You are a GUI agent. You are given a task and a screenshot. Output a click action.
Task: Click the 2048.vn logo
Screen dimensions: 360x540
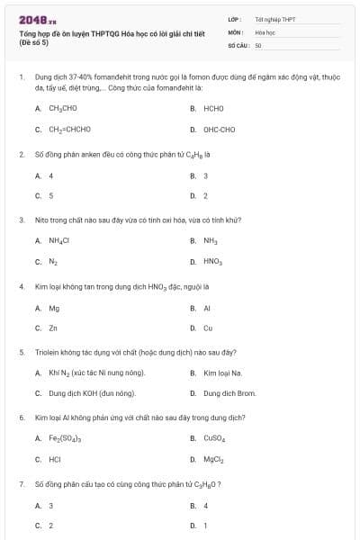(37, 19)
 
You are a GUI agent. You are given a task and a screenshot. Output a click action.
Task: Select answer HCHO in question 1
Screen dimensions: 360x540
(213, 108)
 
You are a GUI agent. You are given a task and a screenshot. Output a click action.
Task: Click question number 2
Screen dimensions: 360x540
(22, 154)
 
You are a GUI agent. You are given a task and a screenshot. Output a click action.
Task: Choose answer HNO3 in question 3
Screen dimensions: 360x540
(212, 262)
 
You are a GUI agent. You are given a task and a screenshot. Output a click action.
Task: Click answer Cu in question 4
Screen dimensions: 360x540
(208, 328)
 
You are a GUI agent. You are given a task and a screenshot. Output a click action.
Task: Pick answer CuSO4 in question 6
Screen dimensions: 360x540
(214, 438)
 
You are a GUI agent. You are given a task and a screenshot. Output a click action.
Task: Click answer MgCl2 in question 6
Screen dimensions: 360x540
(212, 460)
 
